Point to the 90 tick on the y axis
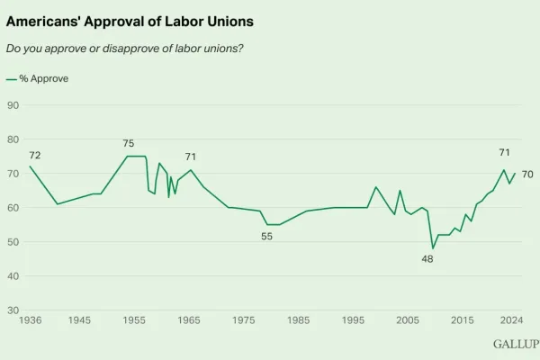pyautogui.click(x=13, y=105)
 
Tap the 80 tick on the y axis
pyautogui.click(x=13, y=139)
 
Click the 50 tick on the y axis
pyautogui.click(x=13, y=242)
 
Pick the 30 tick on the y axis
pyautogui.click(x=13, y=310)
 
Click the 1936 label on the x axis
pyautogui.click(x=30, y=320)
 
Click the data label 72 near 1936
pyautogui.click(x=35, y=156)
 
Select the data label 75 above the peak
pyautogui.click(x=129, y=144)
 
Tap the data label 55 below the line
pyautogui.click(x=267, y=237)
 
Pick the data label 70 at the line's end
pyautogui.click(x=527, y=174)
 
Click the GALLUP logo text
pyautogui.click(x=515, y=344)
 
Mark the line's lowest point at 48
pyautogui.click(x=433, y=248)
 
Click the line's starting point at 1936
pyautogui.click(x=30, y=166)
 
